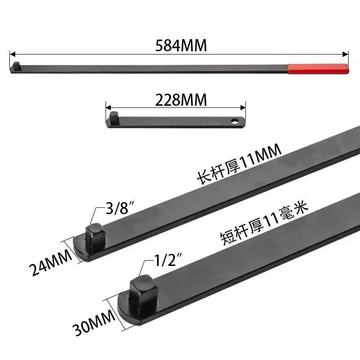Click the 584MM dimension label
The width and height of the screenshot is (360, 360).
tap(181, 45)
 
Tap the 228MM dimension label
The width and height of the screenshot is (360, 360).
tap(181, 100)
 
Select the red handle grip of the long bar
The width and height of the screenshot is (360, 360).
tap(319, 69)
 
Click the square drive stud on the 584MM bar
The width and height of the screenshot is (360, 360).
tap(17, 66)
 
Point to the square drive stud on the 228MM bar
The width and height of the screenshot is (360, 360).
tap(114, 118)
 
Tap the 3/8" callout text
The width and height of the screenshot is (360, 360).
tap(120, 208)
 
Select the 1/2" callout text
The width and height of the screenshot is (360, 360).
tap(168, 260)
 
